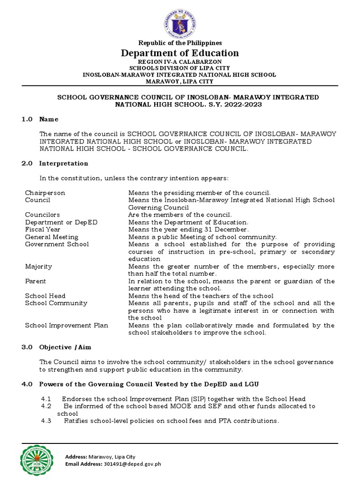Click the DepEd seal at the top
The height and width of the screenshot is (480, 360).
click(180, 21)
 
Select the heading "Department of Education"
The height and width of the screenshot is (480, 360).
click(180, 53)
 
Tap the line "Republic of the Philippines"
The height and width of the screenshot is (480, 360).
click(180, 43)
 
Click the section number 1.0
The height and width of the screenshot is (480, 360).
click(27, 120)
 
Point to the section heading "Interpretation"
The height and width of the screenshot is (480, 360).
click(64, 164)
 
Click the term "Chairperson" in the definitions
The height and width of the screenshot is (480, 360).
click(45, 193)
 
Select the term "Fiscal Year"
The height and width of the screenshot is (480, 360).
click(42, 230)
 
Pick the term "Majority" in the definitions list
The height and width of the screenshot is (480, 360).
click(38, 266)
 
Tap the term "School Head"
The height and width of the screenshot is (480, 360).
click(45, 296)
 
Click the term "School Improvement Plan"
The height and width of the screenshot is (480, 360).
click(67, 325)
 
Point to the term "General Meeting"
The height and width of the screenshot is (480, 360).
click(52, 237)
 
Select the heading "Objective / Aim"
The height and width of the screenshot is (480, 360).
click(65, 347)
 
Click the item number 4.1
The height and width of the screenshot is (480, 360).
click(46, 399)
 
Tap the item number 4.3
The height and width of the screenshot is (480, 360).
click(46, 421)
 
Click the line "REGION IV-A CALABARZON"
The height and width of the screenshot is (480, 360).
click(180, 62)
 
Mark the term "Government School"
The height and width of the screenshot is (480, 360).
click(57, 244)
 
